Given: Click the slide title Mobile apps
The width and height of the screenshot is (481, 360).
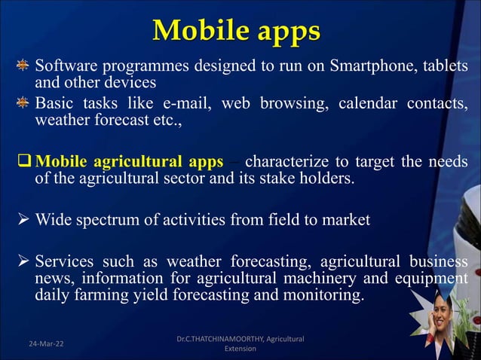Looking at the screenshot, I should pos(237,31).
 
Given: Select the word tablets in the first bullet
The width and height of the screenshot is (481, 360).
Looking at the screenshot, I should pos(446,66).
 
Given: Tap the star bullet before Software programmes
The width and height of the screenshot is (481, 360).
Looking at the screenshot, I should pos(23,66).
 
